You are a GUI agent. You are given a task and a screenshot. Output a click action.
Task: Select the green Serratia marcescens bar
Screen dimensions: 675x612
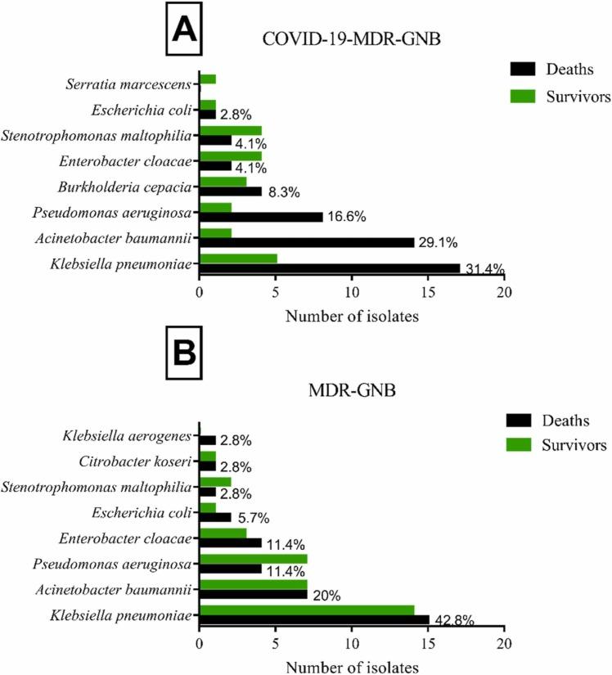point(208,79)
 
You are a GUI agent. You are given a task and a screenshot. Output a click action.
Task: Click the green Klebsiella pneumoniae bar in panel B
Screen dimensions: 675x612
point(307,609)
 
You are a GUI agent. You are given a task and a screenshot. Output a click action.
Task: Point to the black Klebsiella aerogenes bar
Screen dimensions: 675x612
point(208,440)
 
